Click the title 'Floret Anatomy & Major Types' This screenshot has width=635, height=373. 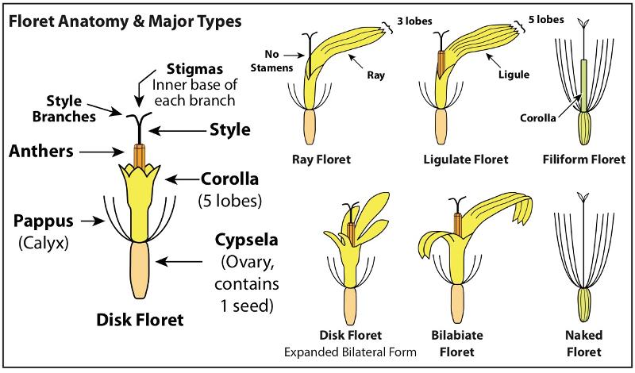[125, 20]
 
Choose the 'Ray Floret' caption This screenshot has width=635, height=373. [321, 159]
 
